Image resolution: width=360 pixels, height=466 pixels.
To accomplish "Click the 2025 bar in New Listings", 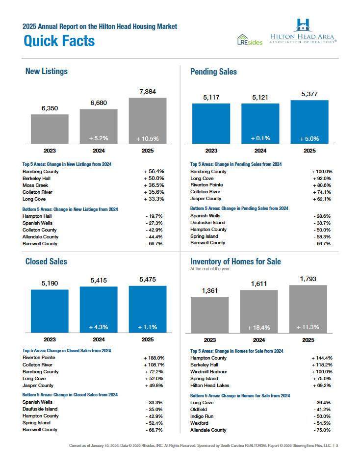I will click(148, 121).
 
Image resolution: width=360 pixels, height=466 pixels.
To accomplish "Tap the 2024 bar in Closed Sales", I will click(99, 310).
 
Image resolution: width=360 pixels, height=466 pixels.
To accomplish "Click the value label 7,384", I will click(148, 92).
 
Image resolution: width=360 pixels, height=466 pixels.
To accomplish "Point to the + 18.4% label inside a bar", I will click(259, 327).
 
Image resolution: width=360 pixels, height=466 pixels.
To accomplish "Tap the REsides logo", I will click(250, 39).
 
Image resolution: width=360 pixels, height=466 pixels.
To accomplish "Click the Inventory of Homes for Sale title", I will click(235, 261).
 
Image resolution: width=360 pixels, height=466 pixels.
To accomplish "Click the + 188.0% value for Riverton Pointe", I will click(154, 358).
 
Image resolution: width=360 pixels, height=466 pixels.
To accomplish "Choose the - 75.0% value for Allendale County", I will click(322, 430).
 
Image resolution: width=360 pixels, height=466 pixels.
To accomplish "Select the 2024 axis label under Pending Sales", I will click(260, 151).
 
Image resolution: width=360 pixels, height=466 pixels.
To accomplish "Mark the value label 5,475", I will click(148, 279).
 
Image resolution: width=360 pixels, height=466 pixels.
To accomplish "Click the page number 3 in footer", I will click(337, 445).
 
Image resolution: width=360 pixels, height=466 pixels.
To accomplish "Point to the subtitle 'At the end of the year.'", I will click(210, 269).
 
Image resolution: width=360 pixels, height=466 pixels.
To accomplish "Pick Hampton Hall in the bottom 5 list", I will click(37, 216).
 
